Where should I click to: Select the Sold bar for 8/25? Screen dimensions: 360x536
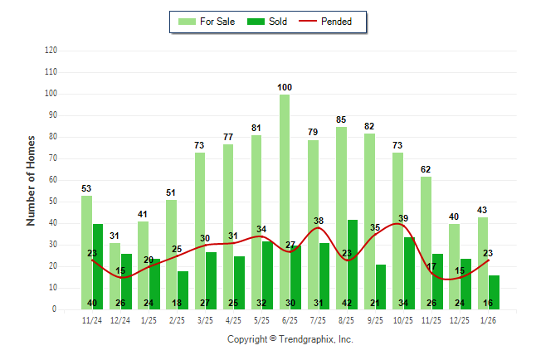point(353,257)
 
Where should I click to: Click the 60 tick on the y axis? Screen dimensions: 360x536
point(53,180)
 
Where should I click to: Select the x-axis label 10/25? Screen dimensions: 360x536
point(403,319)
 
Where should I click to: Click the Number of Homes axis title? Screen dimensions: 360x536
point(31,180)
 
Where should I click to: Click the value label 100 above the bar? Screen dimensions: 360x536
point(285,87)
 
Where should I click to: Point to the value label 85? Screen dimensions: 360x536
point(341,119)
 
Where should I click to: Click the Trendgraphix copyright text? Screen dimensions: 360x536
point(290,339)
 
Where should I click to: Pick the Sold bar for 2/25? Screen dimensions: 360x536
point(183,286)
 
